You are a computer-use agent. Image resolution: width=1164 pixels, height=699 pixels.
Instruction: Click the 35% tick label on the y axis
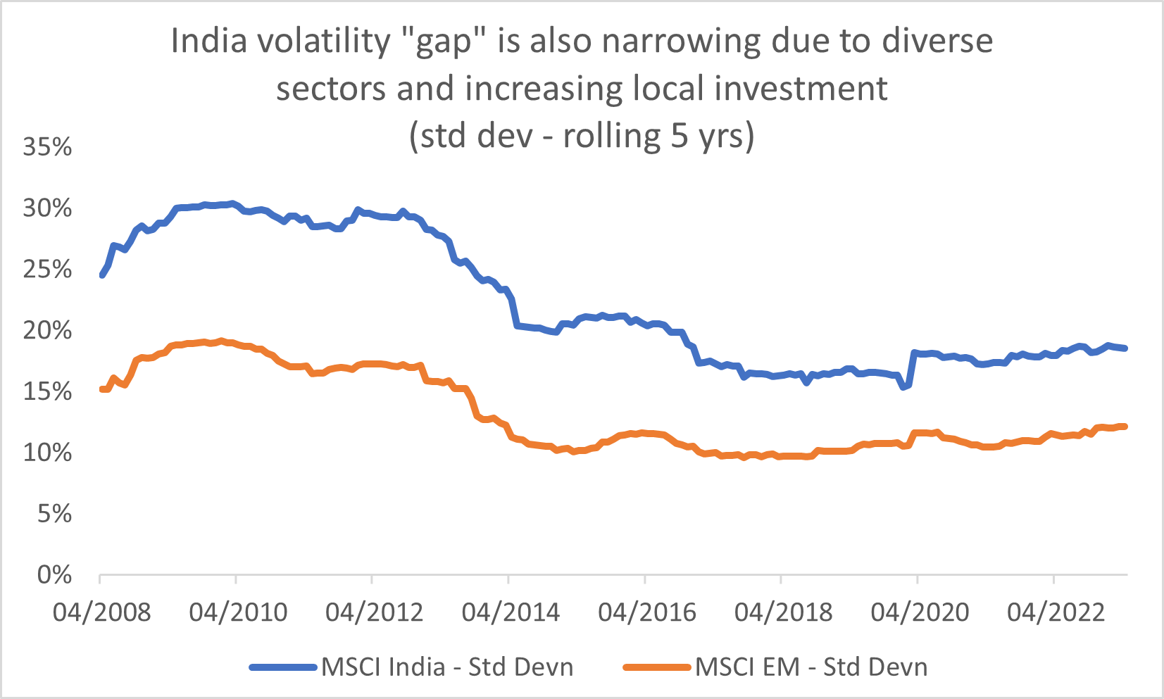pyautogui.click(x=48, y=146)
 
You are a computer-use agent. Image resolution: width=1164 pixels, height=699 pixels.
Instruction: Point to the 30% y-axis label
pyautogui.click(x=48, y=208)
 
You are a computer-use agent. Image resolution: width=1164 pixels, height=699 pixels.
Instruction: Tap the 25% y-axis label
pyautogui.click(x=48, y=269)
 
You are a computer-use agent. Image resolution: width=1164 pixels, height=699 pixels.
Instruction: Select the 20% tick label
pyautogui.click(x=48, y=330)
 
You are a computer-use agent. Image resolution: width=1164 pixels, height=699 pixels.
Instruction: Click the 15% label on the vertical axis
pyautogui.click(x=48, y=391)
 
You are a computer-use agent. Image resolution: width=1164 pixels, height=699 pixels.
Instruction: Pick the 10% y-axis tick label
pyautogui.click(x=48, y=453)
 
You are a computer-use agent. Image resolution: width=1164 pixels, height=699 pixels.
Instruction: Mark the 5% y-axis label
pyautogui.click(x=55, y=514)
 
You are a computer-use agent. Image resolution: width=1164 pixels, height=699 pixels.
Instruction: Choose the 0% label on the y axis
pyautogui.click(x=55, y=575)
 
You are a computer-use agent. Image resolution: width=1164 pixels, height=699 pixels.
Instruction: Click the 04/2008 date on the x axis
pyautogui.click(x=102, y=612)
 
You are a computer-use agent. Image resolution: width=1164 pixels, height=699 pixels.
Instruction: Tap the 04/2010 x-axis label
pyautogui.click(x=238, y=612)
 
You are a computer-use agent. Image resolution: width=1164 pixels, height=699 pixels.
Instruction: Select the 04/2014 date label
pyautogui.click(x=511, y=612)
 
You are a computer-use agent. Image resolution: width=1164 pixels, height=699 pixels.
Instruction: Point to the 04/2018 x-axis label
pyautogui.click(x=783, y=612)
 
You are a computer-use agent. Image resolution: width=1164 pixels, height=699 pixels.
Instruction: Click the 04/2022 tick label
pyautogui.click(x=1056, y=612)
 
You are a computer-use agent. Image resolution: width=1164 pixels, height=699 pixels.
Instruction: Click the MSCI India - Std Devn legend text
pyautogui.click(x=447, y=667)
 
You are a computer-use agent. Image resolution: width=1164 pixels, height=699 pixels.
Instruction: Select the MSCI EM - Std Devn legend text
pyautogui.click(x=811, y=667)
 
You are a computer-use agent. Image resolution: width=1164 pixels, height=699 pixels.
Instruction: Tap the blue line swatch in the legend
pyautogui.click(x=284, y=667)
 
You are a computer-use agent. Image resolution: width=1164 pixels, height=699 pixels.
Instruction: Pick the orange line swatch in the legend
pyautogui.click(x=657, y=667)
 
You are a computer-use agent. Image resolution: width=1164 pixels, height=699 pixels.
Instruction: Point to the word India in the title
pyautogui.click(x=209, y=41)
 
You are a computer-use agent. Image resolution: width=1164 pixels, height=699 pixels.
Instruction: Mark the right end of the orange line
pyautogui.click(x=1125, y=427)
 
